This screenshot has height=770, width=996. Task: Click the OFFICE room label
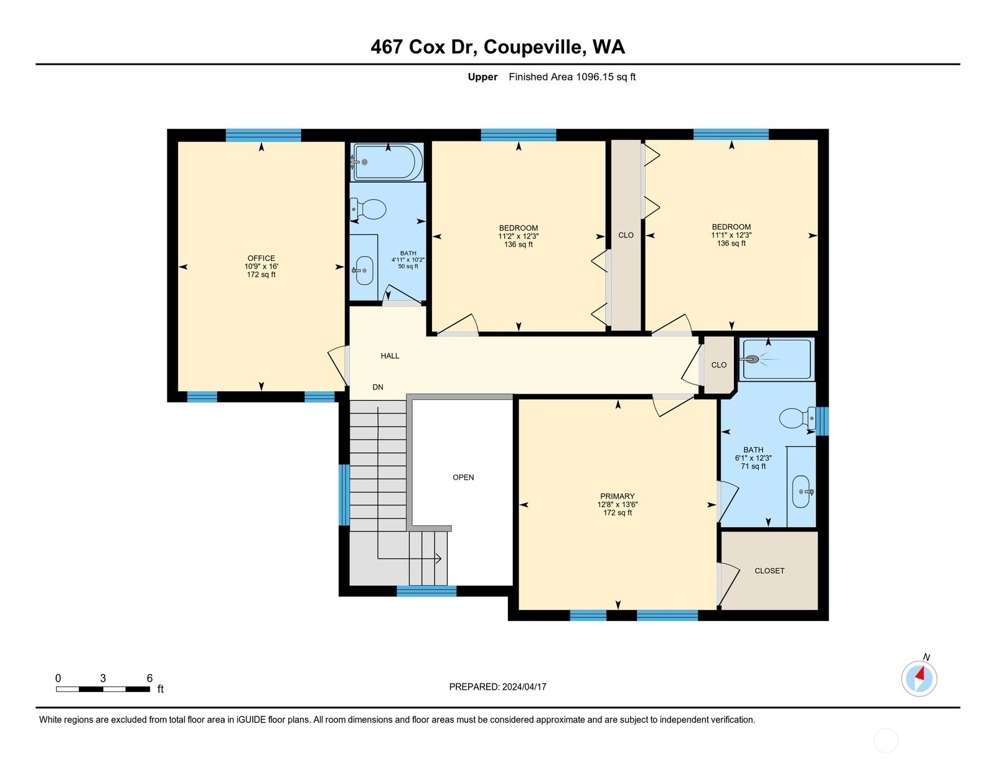point(261,258)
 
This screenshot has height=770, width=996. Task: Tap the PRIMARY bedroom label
point(618,497)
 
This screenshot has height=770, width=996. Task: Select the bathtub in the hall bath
point(387,162)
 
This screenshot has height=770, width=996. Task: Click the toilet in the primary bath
point(797,418)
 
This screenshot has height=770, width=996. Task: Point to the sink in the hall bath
point(364,270)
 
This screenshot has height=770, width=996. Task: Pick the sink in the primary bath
point(801,492)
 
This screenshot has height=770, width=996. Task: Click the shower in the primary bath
point(777,359)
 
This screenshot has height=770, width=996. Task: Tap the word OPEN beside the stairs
point(463,477)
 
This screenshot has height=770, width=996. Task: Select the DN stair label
point(378,387)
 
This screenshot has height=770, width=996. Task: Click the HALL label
point(390,356)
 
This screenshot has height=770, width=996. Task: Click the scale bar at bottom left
point(103,689)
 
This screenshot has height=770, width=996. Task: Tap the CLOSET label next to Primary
point(769,571)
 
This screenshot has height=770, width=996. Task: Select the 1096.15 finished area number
point(594,77)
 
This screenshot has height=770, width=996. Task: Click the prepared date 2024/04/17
point(524,687)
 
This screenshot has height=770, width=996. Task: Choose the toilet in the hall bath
point(368,209)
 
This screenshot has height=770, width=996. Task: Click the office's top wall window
point(263,135)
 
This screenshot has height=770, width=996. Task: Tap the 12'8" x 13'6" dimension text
point(618,505)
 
